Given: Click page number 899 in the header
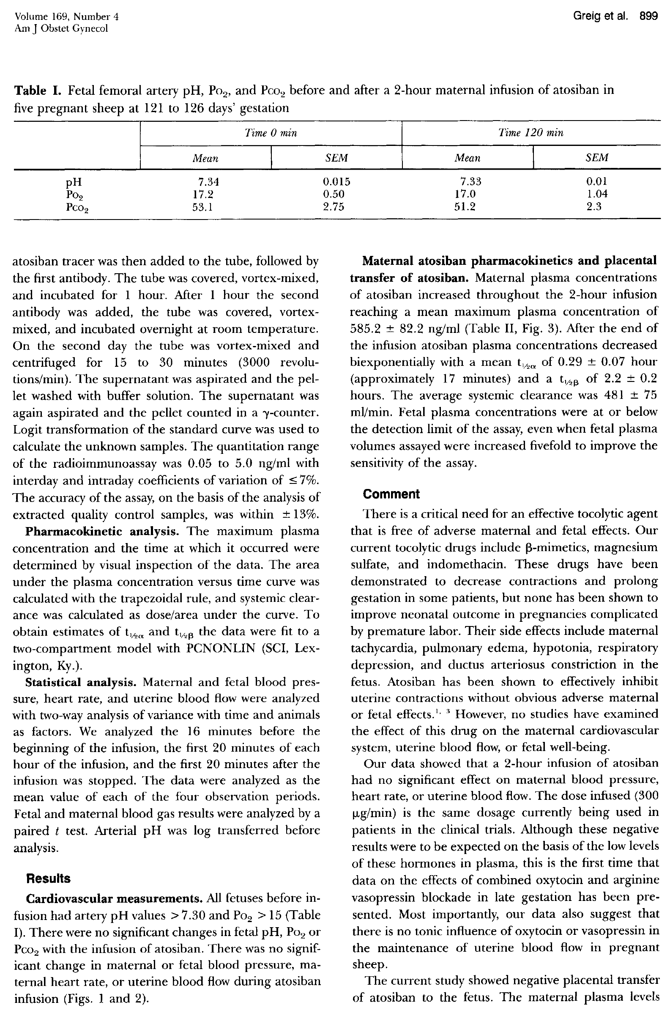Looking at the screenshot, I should [x=648, y=16].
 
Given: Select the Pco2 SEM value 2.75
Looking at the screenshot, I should [x=333, y=207].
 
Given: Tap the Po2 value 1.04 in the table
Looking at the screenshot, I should [x=596, y=194].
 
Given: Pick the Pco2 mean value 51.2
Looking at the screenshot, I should [x=465, y=207].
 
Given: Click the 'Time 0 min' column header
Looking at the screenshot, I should [x=271, y=133].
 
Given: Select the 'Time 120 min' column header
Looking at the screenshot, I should [x=531, y=133].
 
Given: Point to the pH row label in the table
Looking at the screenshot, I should [x=74, y=183].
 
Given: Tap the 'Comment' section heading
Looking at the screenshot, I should [x=391, y=494].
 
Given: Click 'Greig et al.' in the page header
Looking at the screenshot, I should [x=600, y=16].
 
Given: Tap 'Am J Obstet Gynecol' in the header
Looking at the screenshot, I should [x=62, y=29].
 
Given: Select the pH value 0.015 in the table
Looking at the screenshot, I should [x=336, y=182].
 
